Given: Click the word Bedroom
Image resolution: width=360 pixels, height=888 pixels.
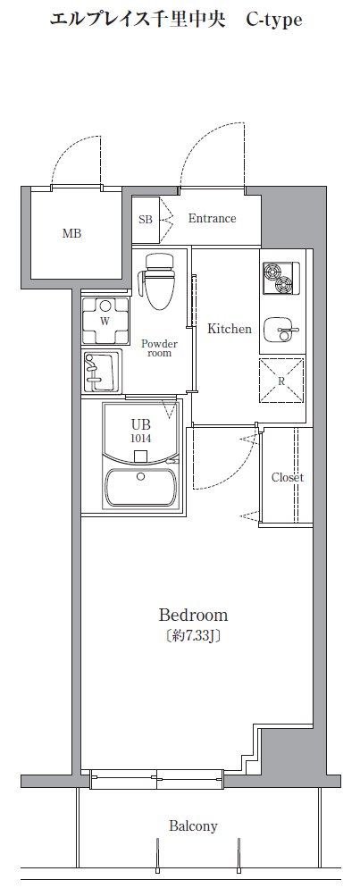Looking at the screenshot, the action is point(193,615).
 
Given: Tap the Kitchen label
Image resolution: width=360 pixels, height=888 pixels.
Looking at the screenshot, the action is point(230,329).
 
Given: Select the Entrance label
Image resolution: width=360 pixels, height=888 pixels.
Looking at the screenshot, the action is point(213,218).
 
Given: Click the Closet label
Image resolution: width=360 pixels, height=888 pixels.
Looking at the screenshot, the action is point(288,477).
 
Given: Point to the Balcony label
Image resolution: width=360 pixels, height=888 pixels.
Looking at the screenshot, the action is point(193,826).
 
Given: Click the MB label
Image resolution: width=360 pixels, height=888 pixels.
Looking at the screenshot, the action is point(71,233).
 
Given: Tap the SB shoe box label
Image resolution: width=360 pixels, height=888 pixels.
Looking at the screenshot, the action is point(146,220).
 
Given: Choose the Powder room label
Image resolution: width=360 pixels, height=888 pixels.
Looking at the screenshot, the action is point(160,348).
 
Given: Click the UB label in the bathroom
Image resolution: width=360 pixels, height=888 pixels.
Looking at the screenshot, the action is point(141,424).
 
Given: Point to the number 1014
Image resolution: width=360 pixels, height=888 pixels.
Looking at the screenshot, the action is point(141,439).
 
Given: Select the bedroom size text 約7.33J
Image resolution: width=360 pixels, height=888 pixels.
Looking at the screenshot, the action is point(193,636).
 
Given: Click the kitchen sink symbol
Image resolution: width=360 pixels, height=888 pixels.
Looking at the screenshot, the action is point(280,329).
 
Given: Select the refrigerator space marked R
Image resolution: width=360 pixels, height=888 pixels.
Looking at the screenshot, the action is point(282,381).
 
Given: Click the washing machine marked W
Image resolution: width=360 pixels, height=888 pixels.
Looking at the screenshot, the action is point(105,322).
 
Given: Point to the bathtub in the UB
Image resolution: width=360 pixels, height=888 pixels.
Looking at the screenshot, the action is point(141,488).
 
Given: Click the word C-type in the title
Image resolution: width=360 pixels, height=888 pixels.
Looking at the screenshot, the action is point(274,20).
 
